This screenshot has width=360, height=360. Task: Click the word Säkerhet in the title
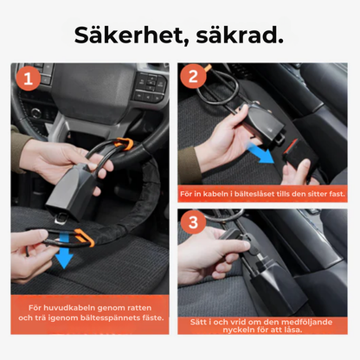pyautogui.click(x=125, y=36)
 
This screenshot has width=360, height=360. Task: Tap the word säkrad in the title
pyautogui.click(x=246, y=36)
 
